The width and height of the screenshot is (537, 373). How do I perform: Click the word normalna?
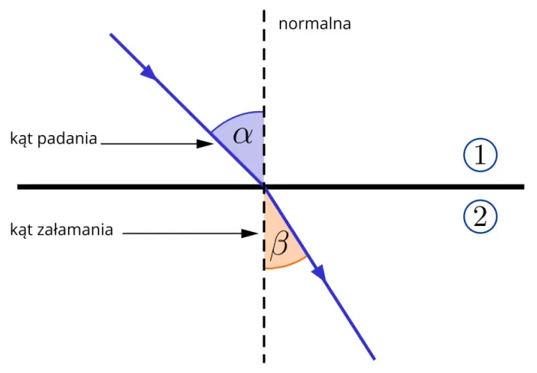[x=315, y=24]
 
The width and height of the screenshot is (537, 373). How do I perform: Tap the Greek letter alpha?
[x=243, y=135]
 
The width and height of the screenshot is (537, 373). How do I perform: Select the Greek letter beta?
[x=279, y=244]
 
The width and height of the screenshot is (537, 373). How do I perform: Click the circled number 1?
[x=480, y=155]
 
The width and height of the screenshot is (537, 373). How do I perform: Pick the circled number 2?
[x=480, y=216]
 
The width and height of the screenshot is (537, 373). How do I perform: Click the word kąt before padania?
[x=22, y=139]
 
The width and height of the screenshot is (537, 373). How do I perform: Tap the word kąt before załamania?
[x=22, y=231]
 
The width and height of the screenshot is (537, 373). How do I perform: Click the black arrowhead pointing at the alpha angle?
[x=205, y=143]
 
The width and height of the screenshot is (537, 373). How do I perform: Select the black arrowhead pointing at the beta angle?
[x=249, y=233]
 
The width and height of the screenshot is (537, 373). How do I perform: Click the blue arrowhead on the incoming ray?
[x=148, y=72]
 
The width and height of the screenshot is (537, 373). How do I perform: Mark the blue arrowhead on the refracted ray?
[x=319, y=273]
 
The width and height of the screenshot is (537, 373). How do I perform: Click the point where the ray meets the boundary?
[x=264, y=186]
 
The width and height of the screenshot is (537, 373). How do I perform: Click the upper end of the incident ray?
[x=110, y=34]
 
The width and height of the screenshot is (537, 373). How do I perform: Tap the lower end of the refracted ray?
[x=374, y=360]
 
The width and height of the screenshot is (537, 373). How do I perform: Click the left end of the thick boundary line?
[x=18, y=186]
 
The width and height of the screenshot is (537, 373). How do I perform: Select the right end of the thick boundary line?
[x=524, y=186]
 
